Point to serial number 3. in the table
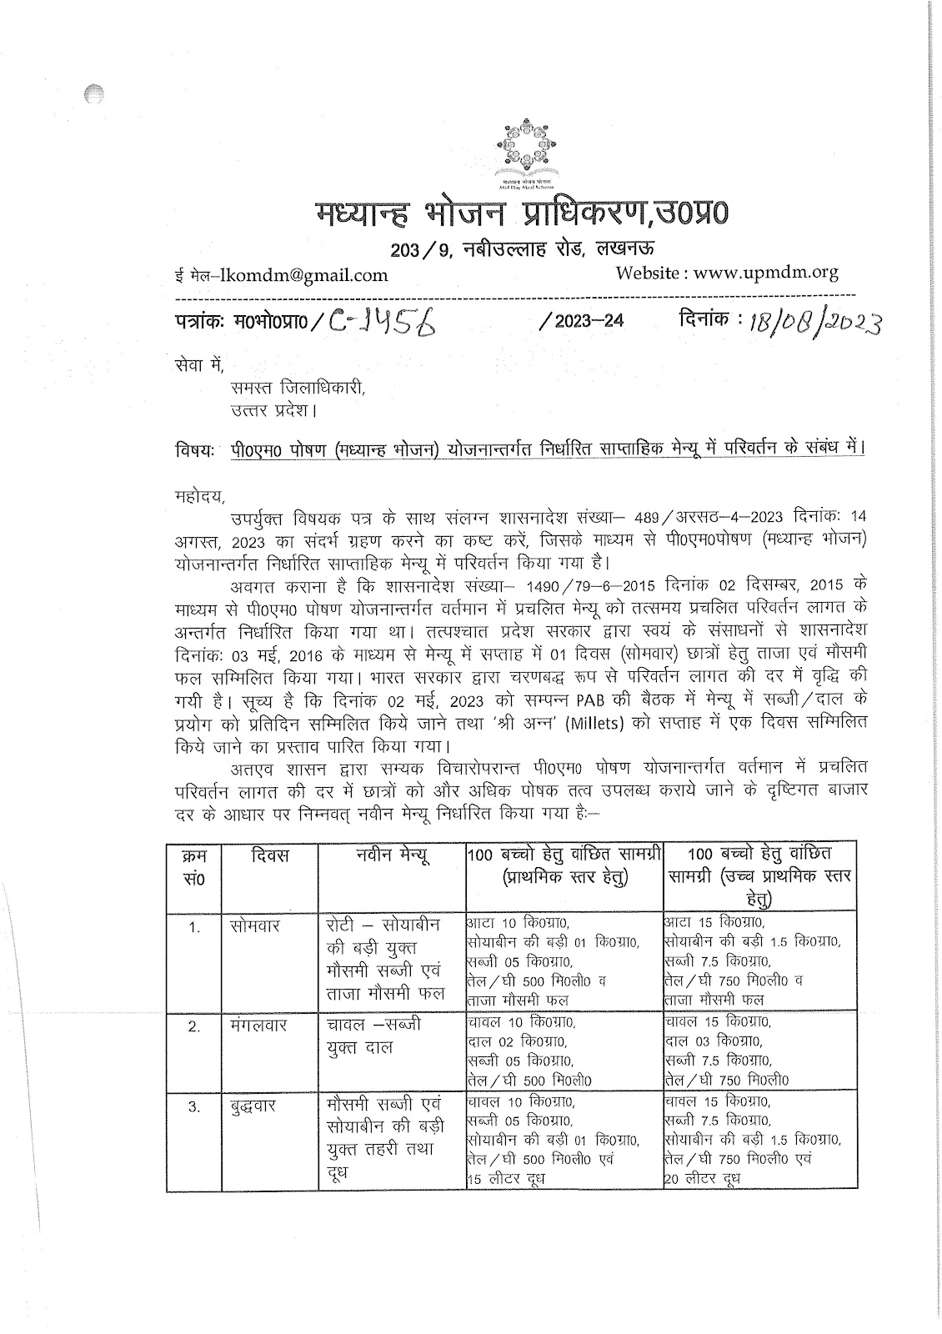click(x=194, y=1108)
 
